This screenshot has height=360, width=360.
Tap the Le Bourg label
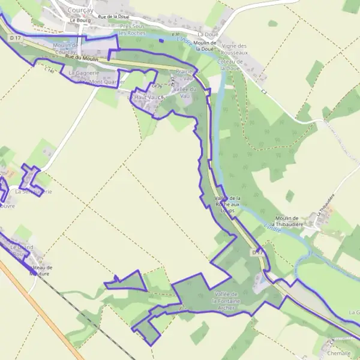[x=79, y=20]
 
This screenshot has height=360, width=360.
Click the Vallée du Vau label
[x=184, y=92]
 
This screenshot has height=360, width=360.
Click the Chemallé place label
[x=339, y=353]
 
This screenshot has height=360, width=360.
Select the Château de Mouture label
[x=41, y=270]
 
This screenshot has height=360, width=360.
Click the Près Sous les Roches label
[x=133, y=30]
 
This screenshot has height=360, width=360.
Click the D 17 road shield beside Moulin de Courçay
[x=15, y=38]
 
